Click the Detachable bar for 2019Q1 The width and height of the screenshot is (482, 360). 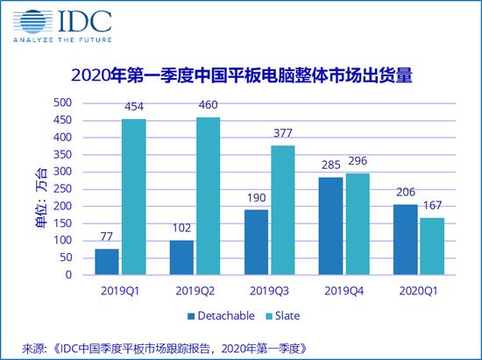[107, 261]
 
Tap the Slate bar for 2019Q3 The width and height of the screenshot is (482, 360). [282, 210]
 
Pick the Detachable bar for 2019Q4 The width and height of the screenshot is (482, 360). [332, 226]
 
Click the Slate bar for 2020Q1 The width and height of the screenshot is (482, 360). [432, 246]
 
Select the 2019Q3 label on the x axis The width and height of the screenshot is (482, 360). [270, 286]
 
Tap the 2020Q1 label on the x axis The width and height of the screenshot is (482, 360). [420, 286]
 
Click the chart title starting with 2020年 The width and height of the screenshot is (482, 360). [241, 77]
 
